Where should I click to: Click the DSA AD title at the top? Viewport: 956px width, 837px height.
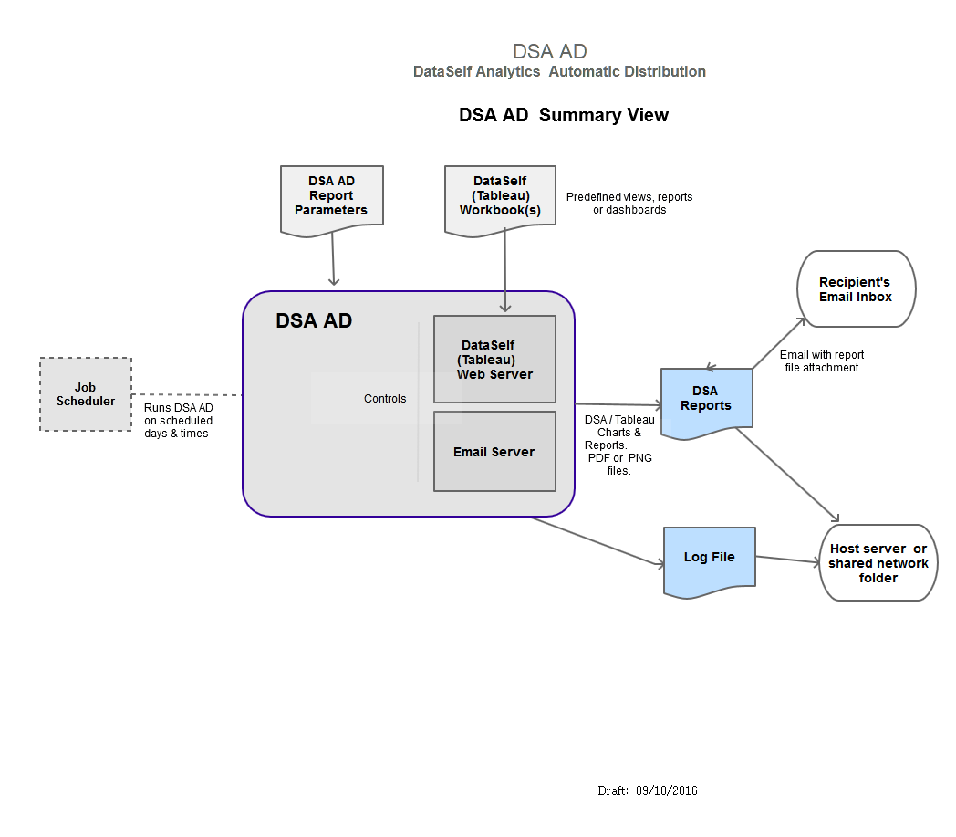click(x=549, y=51)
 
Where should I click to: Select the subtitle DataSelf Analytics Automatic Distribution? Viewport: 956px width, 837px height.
click(x=559, y=71)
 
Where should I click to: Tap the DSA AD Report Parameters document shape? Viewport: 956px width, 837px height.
click(x=331, y=197)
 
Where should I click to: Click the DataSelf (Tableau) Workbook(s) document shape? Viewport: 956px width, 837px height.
click(x=499, y=197)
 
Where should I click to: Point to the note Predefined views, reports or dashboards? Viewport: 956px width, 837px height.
click(x=629, y=203)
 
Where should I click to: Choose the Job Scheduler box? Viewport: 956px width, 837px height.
click(x=86, y=394)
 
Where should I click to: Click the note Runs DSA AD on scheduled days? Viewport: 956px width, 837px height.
click(x=179, y=420)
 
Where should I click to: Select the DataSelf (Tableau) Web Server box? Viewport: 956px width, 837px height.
click(x=494, y=359)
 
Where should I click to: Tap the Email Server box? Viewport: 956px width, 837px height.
click(x=494, y=451)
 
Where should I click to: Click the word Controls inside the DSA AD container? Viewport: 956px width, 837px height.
click(x=385, y=399)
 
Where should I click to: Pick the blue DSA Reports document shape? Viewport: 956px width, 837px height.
click(x=706, y=399)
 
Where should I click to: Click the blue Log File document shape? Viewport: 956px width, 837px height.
click(x=710, y=559)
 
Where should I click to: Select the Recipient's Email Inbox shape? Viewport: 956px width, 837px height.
click(x=856, y=289)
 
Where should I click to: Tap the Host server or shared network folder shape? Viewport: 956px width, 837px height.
click(x=878, y=563)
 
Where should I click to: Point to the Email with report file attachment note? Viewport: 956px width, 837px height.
click(x=822, y=361)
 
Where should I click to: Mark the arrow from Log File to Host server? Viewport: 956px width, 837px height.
click(x=787, y=559)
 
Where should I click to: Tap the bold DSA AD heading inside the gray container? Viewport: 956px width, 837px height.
click(x=314, y=321)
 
